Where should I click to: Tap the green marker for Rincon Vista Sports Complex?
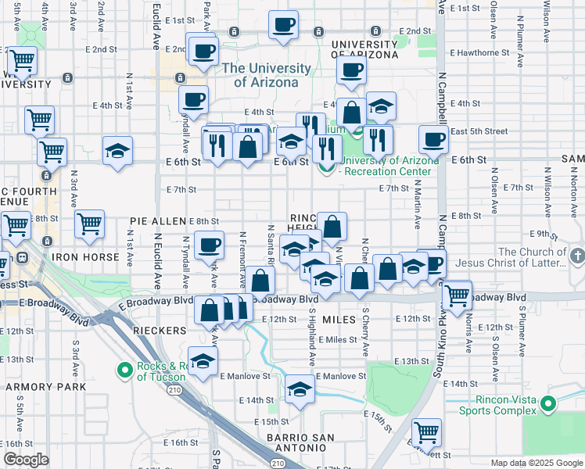548,405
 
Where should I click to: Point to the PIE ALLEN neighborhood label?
159,222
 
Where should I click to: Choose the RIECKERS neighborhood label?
160,331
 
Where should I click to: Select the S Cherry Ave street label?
365,324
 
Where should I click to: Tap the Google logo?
26,460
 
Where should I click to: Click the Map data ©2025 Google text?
537,463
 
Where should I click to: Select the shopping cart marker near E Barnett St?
426,431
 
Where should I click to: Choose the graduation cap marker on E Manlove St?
299,388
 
